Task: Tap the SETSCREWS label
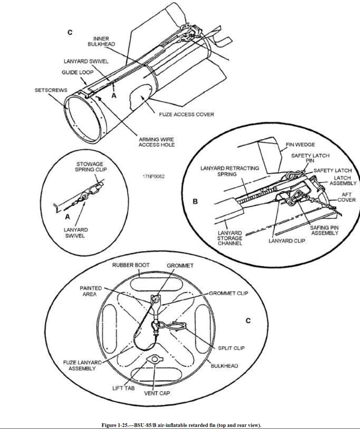[50, 90]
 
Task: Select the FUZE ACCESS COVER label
[187, 114]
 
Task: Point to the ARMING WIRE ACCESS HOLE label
[156, 142]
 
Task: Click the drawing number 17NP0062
[154, 177]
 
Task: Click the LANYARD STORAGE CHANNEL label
[230, 238]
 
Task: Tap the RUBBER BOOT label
[130, 265]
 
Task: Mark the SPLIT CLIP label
[230, 347]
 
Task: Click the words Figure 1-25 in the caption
[118, 425]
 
